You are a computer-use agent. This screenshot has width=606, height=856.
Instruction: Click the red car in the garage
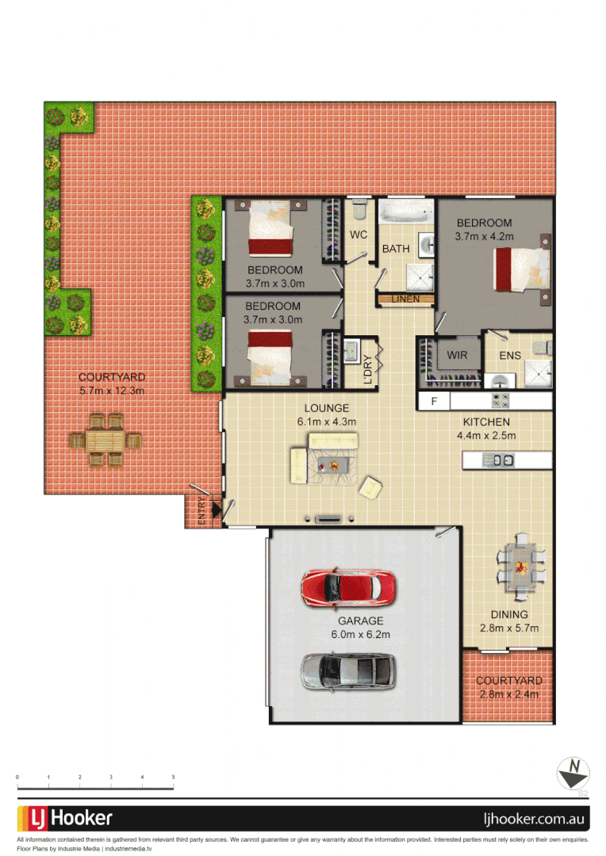348,587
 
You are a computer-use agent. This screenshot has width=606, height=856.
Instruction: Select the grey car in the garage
348,671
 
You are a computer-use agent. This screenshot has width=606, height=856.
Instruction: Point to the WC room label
359,235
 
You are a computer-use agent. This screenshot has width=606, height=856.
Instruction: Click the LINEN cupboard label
405,299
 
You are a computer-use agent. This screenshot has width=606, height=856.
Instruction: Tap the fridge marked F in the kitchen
434,401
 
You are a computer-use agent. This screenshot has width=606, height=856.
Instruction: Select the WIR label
457,355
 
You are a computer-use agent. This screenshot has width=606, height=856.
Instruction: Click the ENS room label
510,355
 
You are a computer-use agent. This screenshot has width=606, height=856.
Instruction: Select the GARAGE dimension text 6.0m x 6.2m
360,634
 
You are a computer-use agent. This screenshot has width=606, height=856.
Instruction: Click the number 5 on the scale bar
173,778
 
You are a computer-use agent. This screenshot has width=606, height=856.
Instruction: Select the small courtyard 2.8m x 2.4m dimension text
509,694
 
